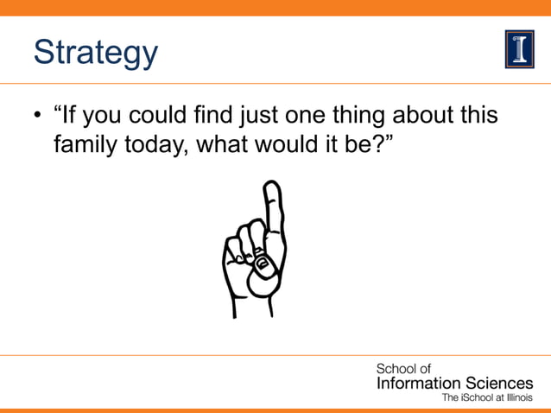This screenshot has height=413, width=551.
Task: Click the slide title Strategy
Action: click(96, 53)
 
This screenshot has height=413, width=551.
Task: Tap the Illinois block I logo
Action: click(519, 48)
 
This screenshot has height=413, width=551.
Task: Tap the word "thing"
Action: click(372, 116)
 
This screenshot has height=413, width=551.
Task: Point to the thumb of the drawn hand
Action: click(260, 275)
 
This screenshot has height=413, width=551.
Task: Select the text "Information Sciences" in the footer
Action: click(454, 383)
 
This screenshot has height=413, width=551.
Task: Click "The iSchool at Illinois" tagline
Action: click(487, 398)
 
